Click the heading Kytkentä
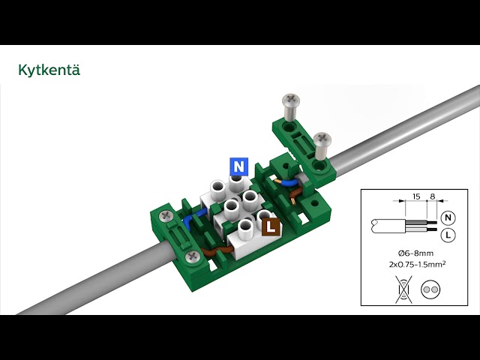(49, 70)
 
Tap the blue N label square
(238, 166)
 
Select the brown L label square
(271, 227)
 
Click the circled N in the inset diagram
(448, 217)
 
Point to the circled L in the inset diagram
(448, 235)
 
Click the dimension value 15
(416, 196)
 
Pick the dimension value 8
(432, 196)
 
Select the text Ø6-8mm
(415, 253)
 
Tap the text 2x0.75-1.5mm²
(417, 264)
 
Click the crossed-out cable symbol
(403, 289)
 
